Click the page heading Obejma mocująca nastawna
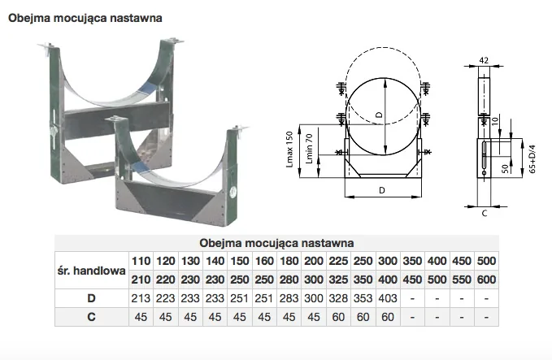[85, 19]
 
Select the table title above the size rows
[276, 243]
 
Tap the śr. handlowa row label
[92, 271]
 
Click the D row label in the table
[91, 298]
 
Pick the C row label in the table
[91, 317]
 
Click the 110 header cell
[141, 261]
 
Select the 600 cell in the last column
[486, 280]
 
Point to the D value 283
[289, 298]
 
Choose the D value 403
[388, 298]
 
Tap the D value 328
[338, 298]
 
